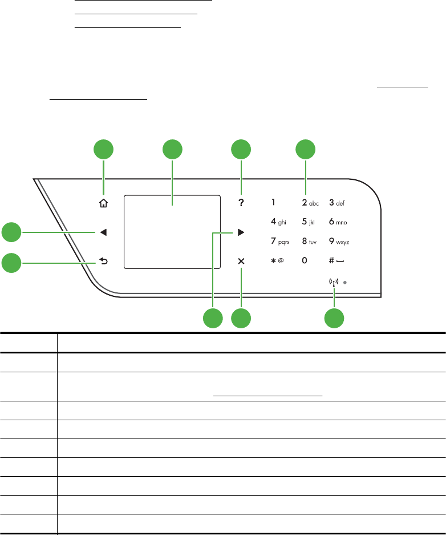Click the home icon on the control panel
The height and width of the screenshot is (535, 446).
point(103,202)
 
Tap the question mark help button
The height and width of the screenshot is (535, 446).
point(241,202)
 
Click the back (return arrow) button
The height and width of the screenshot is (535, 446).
point(103,263)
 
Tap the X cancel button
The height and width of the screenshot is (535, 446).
point(241,262)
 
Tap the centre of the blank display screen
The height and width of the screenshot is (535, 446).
point(172,230)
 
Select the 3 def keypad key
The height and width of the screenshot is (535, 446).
point(336,202)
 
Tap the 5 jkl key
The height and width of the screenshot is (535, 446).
point(309,222)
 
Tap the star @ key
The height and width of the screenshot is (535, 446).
point(277,261)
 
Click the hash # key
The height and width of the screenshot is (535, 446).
point(336,261)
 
